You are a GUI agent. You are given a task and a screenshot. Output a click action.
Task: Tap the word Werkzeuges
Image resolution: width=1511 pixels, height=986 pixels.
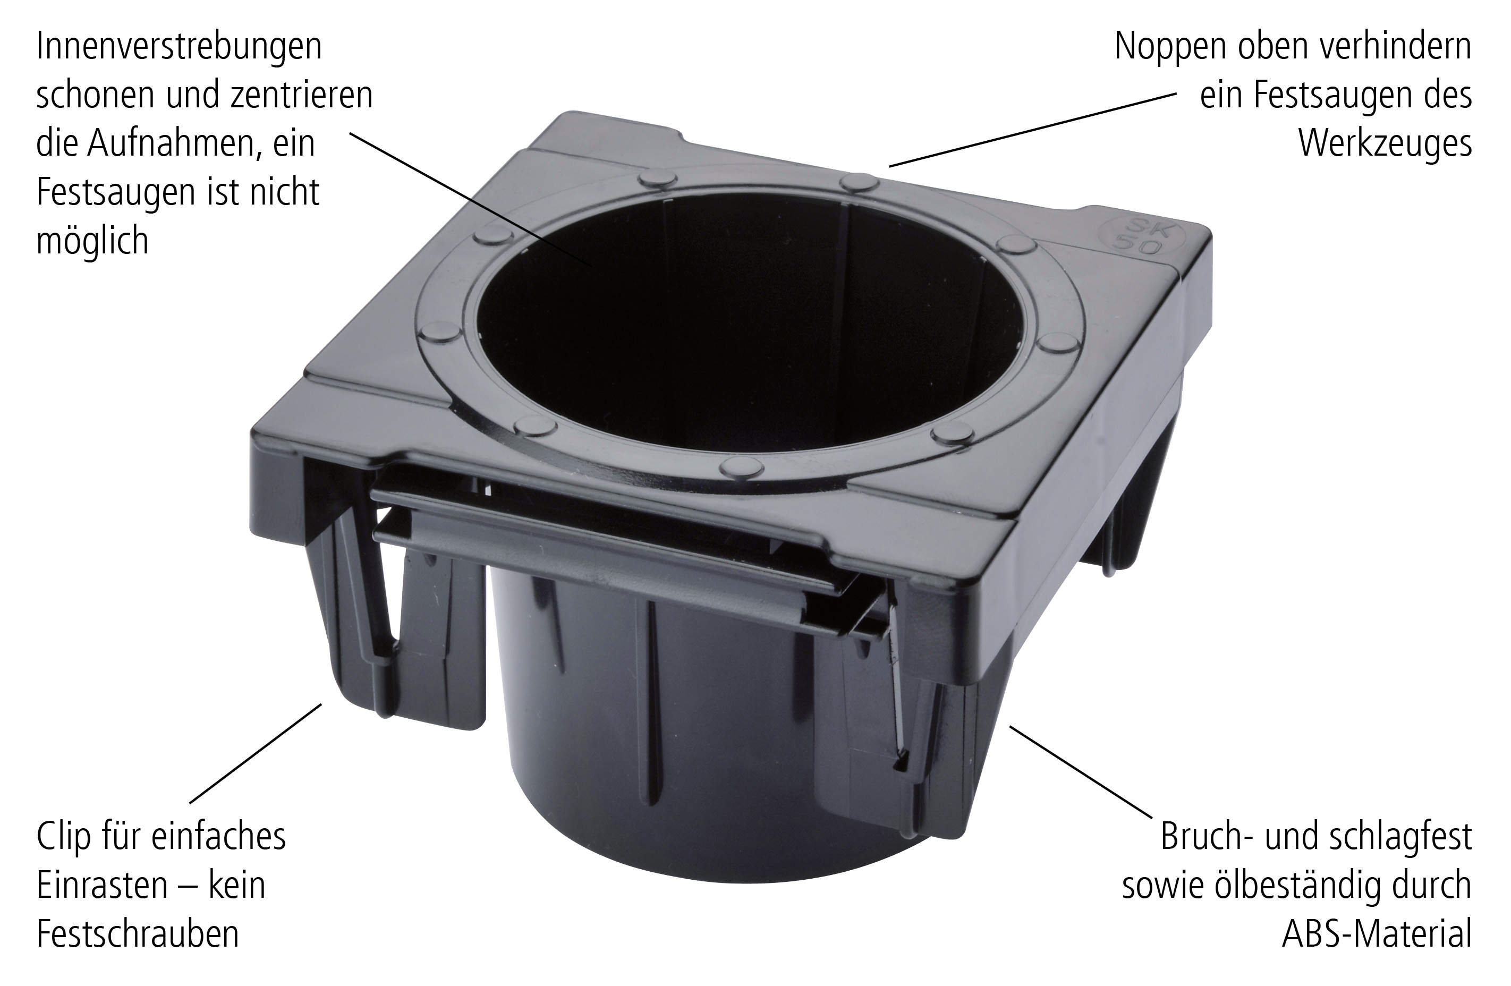tap(1385, 143)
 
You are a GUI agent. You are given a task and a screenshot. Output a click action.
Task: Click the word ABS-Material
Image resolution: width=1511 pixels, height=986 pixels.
tap(1377, 934)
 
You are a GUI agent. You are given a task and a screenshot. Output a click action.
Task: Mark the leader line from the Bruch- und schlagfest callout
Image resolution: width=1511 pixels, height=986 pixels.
tap(1081, 772)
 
